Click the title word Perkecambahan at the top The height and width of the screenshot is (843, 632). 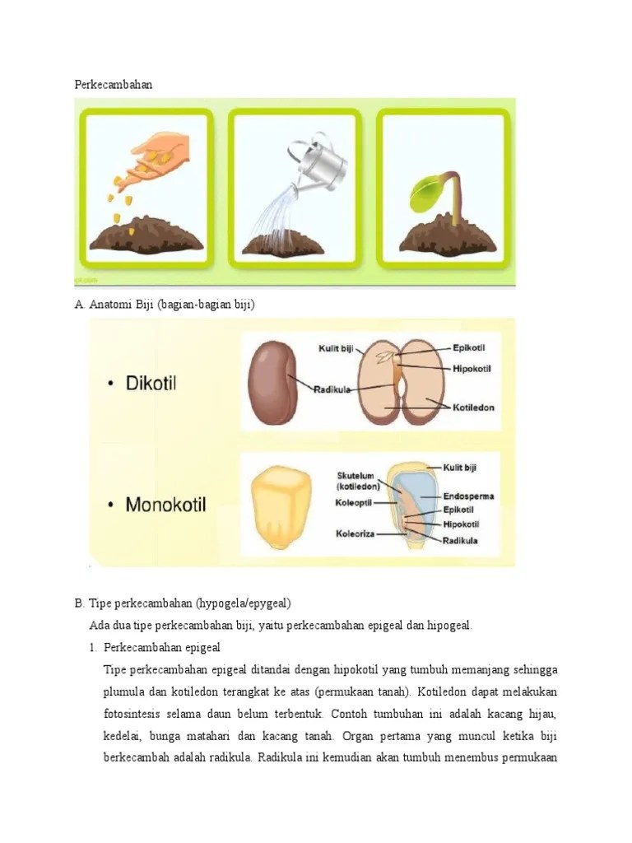114,85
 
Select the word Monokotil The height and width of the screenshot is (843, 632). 165,504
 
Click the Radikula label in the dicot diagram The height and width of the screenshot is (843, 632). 333,389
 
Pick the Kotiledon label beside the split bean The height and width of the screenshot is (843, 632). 473,408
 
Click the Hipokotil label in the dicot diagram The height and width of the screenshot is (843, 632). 472,369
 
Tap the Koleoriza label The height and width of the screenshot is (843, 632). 355,533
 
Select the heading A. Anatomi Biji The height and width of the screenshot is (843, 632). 165,305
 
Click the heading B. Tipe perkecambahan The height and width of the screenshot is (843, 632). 183,603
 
